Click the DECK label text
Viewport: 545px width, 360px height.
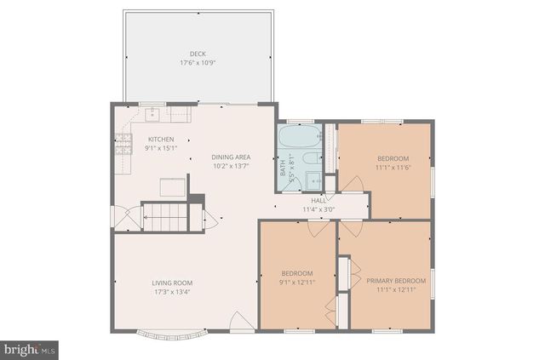(x=198, y=53)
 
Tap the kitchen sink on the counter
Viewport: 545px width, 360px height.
(x=155, y=112)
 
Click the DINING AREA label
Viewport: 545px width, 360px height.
(x=231, y=157)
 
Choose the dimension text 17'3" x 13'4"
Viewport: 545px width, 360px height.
(x=173, y=293)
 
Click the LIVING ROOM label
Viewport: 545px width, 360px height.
(x=173, y=283)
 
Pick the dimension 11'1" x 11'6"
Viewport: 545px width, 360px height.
(x=393, y=168)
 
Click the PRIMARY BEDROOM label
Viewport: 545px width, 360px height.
(x=396, y=280)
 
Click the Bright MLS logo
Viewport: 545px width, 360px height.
(x=31, y=348)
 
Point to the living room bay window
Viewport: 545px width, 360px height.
(x=170, y=334)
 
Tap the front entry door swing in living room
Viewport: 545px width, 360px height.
(x=242, y=323)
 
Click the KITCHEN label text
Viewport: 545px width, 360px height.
(x=161, y=140)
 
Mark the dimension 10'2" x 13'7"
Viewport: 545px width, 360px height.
(x=231, y=166)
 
